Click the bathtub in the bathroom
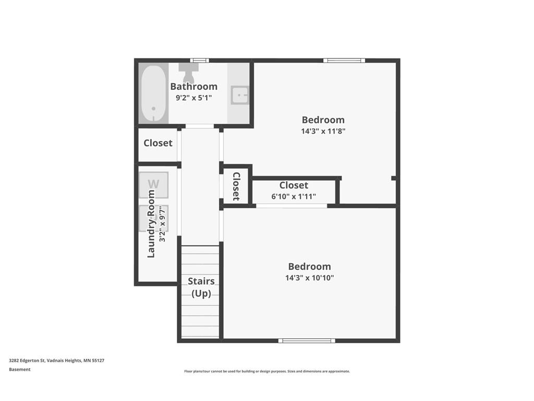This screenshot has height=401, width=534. pyautogui.click(x=153, y=94)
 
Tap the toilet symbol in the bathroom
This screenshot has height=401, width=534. pyautogui.click(x=188, y=73)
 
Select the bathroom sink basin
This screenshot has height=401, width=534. pyautogui.click(x=240, y=95)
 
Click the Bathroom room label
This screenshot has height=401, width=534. pyautogui.click(x=193, y=87)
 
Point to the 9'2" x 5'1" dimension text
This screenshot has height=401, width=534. pyautogui.click(x=193, y=98)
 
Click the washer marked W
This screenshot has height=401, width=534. pyautogui.click(x=153, y=184)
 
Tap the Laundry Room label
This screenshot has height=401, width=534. pyautogui.click(x=151, y=223)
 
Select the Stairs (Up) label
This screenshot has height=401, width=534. pyautogui.click(x=201, y=287)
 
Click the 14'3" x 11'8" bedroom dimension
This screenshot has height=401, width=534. pyautogui.click(x=323, y=131)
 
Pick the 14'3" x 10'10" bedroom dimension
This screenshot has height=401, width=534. pyautogui.click(x=309, y=278)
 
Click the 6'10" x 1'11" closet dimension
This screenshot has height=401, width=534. pyautogui.click(x=294, y=196)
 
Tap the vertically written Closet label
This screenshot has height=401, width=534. pyautogui.click(x=236, y=186)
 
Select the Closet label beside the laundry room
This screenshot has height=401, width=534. pyautogui.click(x=157, y=143)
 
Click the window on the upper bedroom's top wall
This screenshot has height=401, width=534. pyautogui.click(x=344, y=61)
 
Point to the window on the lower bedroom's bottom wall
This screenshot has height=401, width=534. pyautogui.click(x=306, y=341)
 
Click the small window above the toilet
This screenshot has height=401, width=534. pyautogui.click(x=199, y=61)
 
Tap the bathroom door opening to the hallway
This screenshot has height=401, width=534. pyautogui.click(x=200, y=126)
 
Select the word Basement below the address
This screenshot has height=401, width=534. pyautogui.click(x=20, y=370)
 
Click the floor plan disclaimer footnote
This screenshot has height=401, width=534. pyautogui.click(x=266, y=371)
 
